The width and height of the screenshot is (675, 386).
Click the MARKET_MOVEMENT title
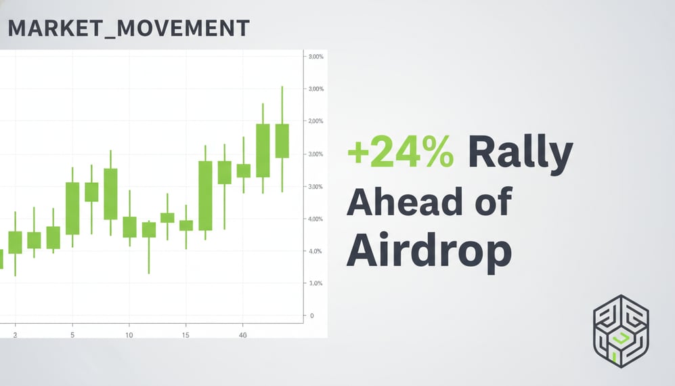coord(128,28)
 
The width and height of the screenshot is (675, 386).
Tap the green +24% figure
coord(400,152)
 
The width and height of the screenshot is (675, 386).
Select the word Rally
coord(520,154)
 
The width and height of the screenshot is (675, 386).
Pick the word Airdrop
coord(429,252)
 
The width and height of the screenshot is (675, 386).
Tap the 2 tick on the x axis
coord(15,335)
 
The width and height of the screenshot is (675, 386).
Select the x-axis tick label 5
coord(72,335)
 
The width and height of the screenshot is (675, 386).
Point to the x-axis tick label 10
coord(129,335)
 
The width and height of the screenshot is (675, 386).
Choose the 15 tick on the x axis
coord(186,335)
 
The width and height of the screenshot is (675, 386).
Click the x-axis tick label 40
coord(244,335)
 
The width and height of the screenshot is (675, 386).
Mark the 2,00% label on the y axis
coord(316,121)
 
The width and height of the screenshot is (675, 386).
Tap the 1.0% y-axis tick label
coord(315,283)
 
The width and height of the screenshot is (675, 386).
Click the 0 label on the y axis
coord(311,316)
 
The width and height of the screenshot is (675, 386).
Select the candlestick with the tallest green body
coord(205,195)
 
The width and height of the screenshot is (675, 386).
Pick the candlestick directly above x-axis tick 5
coord(72,208)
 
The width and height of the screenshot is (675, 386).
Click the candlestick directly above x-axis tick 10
coord(129,227)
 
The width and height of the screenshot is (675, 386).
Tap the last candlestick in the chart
coord(282,141)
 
